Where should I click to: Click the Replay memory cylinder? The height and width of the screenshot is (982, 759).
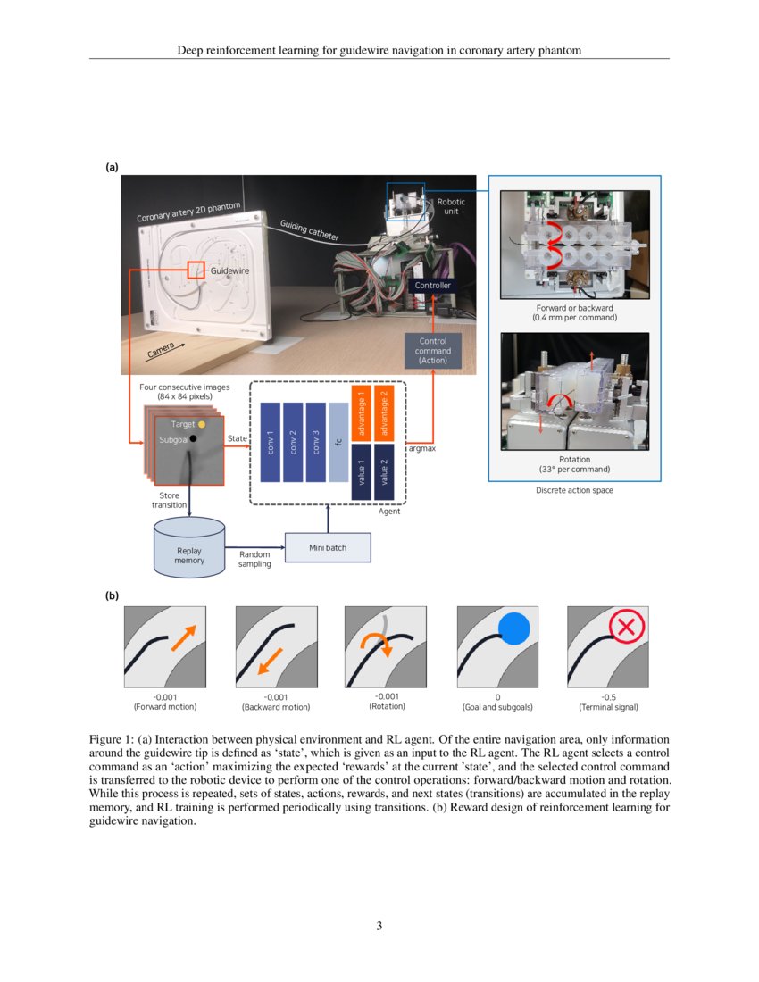pyautogui.click(x=188, y=546)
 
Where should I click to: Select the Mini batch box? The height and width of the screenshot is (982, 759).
pyautogui.click(x=327, y=547)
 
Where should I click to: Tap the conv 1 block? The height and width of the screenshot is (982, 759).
pyautogui.click(x=270, y=442)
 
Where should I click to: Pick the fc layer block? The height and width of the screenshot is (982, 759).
pyautogui.click(x=338, y=442)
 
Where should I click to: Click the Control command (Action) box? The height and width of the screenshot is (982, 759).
pyautogui.click(x=433, y=351)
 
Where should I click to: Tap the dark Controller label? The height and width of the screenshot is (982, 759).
pyautogui.click(x=433, y=286)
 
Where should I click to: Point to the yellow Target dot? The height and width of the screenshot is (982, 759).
pyautogui.click(x=202, y=424)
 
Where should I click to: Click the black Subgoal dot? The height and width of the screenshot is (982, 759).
pyautogui.click(x=193, y=440)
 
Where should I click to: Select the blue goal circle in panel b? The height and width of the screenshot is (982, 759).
pyautogui.click(x=513, y=628)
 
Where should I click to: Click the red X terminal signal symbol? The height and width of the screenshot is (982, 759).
pyautogui.click(x=626, y=626)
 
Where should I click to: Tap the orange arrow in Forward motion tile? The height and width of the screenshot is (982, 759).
pyautogui.click(x=183, y=637)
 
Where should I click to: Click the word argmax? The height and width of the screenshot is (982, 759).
pyautogui.click(x=422, y=449)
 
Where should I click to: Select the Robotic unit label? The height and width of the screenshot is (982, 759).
pyautogui.click(x=450, y=207)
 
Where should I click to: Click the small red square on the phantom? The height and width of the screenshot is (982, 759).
pyautogui.click(x=196, y=270)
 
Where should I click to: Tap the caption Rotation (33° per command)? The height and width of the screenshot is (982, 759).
pyautogui.click(x=574, y=464)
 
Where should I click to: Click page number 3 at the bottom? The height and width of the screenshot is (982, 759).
pyautogui.click(x=379, y=926)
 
